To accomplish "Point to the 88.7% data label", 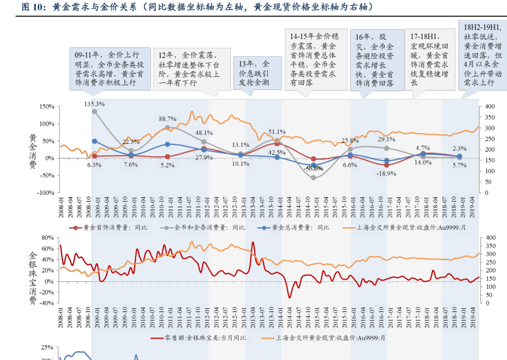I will [167, 119].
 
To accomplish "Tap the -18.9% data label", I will [387, 173].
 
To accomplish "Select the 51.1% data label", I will [277, 132].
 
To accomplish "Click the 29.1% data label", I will [386, 139].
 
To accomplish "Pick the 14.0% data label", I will [423, 162].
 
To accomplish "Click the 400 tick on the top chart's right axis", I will [489, 107].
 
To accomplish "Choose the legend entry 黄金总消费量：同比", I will [294, 227].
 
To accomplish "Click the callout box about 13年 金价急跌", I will [254, 73].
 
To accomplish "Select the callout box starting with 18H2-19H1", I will [483, 54].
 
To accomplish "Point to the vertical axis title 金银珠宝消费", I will [33, 277].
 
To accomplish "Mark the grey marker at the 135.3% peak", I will [95, 111].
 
